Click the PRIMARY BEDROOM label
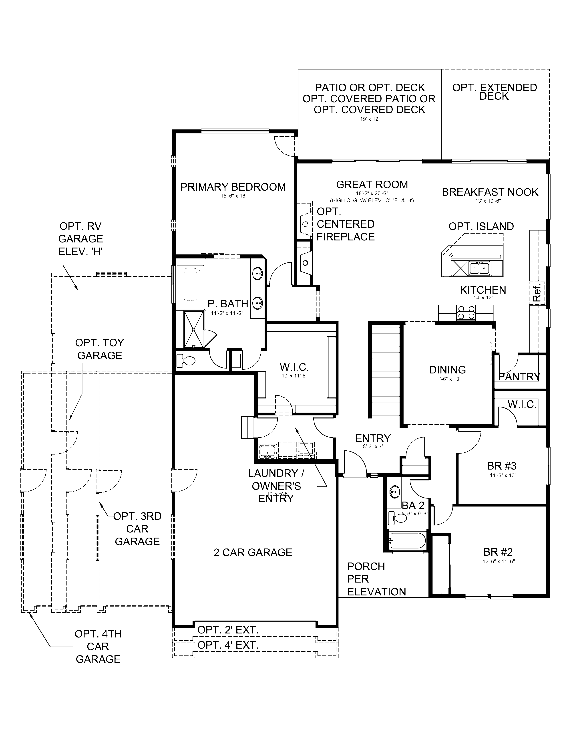[x=233, y=187]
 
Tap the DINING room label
[x=447, y=370]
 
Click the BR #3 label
[x=501, y=466]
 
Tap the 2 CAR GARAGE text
[x=253, y=552]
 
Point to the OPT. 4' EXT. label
[x=228, y=645]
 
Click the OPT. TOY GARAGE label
[x=99, y=349]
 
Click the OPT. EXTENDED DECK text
[x=495, y=91]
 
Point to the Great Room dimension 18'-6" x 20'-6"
[x=372, y=193]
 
